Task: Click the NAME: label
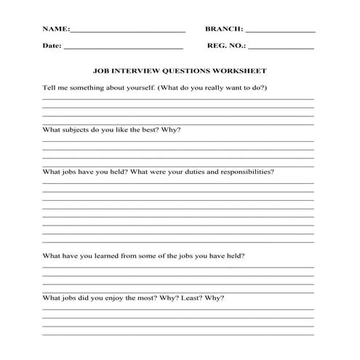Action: point(55,31)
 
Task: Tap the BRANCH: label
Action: point(224,31)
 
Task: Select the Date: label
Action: point(52,46)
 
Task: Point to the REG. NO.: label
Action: point(226,46)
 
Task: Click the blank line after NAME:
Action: point(128,33)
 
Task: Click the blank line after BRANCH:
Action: point(281,33)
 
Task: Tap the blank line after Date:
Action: point(123,48)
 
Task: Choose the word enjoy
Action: point(118,298)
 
